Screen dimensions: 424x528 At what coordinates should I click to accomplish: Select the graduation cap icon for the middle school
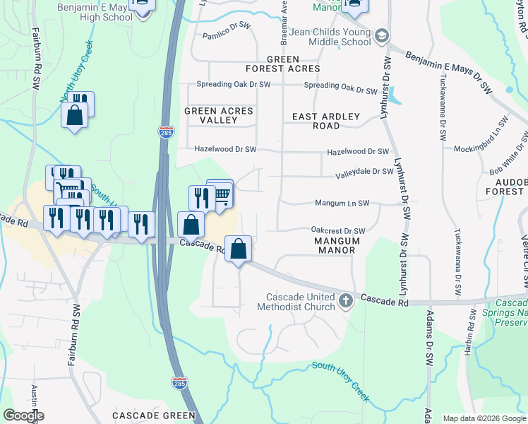(382, 35)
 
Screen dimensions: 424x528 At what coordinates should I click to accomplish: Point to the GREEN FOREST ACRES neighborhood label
(282, 64)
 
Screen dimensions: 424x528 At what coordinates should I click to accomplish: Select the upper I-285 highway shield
(164, 133)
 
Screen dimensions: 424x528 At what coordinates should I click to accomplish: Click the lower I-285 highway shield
(180, 382)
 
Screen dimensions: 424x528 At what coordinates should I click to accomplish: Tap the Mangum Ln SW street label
(342, 204)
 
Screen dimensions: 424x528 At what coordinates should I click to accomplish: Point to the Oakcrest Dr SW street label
(338, 230)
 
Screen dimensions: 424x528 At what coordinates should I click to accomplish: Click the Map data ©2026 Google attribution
(484, 418)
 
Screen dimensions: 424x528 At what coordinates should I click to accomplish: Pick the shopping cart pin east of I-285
(221, 195)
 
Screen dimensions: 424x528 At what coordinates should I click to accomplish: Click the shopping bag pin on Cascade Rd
(239, 249)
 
